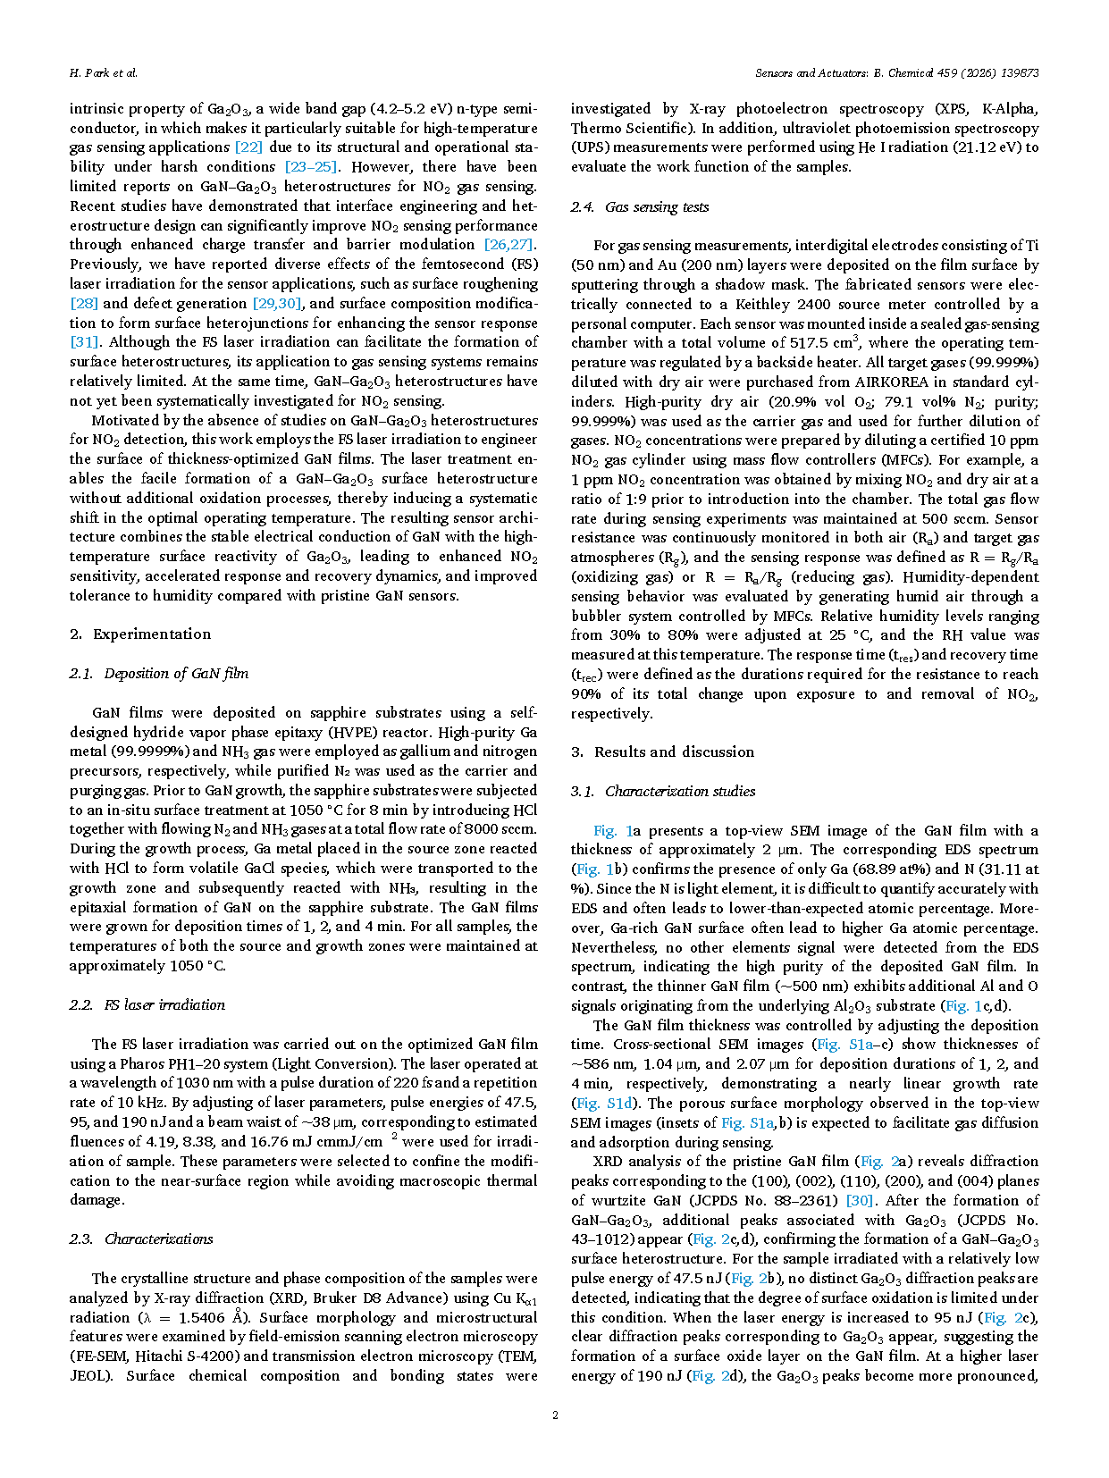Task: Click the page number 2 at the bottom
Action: tap(555, 1415)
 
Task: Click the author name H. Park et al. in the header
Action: tap(104, 73)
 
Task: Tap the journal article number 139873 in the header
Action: tap(1018, 73)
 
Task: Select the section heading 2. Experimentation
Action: tap(140, 634)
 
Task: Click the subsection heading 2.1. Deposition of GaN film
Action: tap(159, 674)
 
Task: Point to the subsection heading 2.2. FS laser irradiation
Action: tap(147, 1005)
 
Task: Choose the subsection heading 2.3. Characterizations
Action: tap(141, 1239)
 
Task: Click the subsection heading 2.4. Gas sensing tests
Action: tap(640, 207)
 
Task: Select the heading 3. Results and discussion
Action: tap(663, 752)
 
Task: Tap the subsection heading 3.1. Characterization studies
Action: tap(663, 792)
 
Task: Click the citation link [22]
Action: tap(248, 147)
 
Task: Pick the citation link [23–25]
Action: tap(310, 167)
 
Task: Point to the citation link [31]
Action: tap(84, 342)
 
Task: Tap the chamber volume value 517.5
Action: tap(811, 343)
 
